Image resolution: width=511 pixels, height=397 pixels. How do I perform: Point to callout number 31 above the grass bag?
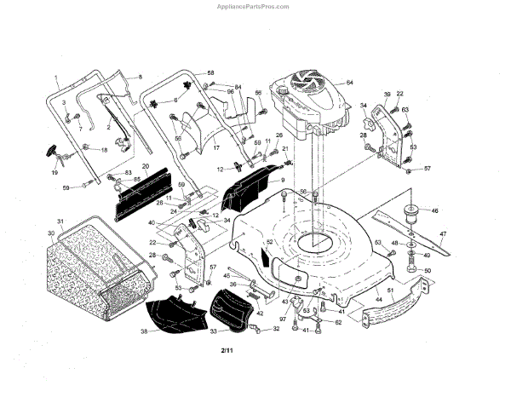60,222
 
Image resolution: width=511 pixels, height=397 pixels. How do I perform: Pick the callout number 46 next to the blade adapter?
435,210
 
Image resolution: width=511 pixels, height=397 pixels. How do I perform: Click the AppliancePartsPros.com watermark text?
256,5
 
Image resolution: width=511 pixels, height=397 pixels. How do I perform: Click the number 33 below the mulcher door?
213,331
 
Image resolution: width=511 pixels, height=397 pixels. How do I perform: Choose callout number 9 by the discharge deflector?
282,181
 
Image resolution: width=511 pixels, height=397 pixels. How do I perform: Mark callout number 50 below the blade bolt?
428,271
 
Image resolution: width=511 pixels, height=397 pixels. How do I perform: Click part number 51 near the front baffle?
391,291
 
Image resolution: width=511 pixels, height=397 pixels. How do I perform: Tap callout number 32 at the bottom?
276,328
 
